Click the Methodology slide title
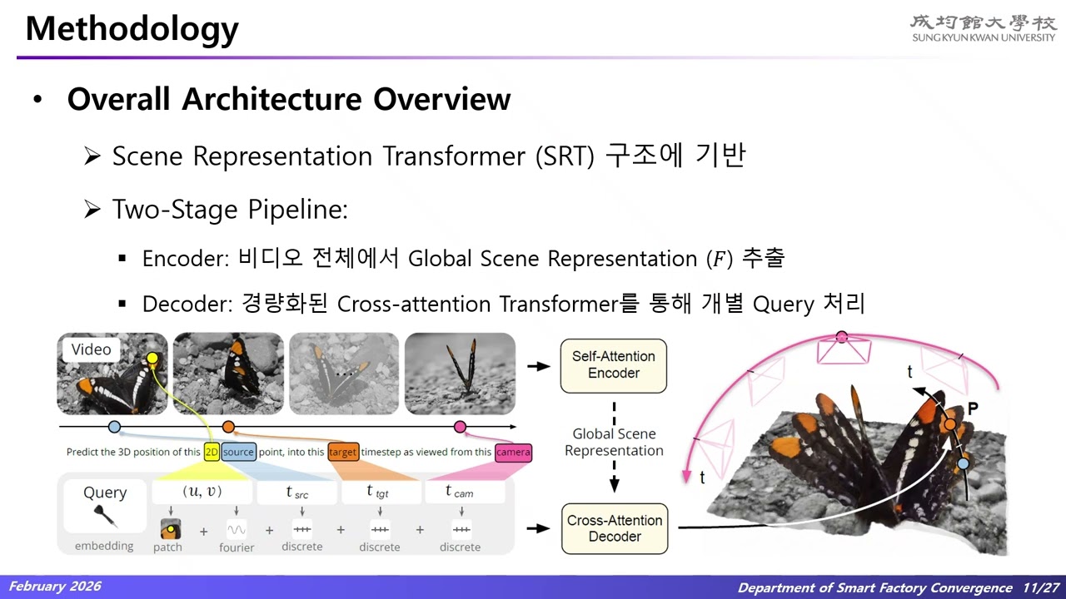coord(132,29)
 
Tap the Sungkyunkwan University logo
coord(983,27)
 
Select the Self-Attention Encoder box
coord(614,365)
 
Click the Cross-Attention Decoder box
coord(615,529)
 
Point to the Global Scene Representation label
coord(614,442)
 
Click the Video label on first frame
coord(91,349)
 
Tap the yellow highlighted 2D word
coord(212,453)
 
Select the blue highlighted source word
coord(238,453)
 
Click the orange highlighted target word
coord(343,453)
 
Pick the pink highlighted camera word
coord(512,453)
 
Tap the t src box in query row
coord(297,493)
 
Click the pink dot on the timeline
coord(460,427)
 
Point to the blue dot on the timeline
coord(114,427)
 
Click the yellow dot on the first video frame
coord(152,359)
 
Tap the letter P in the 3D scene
coord(972,409)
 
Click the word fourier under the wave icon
coord(237,547)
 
